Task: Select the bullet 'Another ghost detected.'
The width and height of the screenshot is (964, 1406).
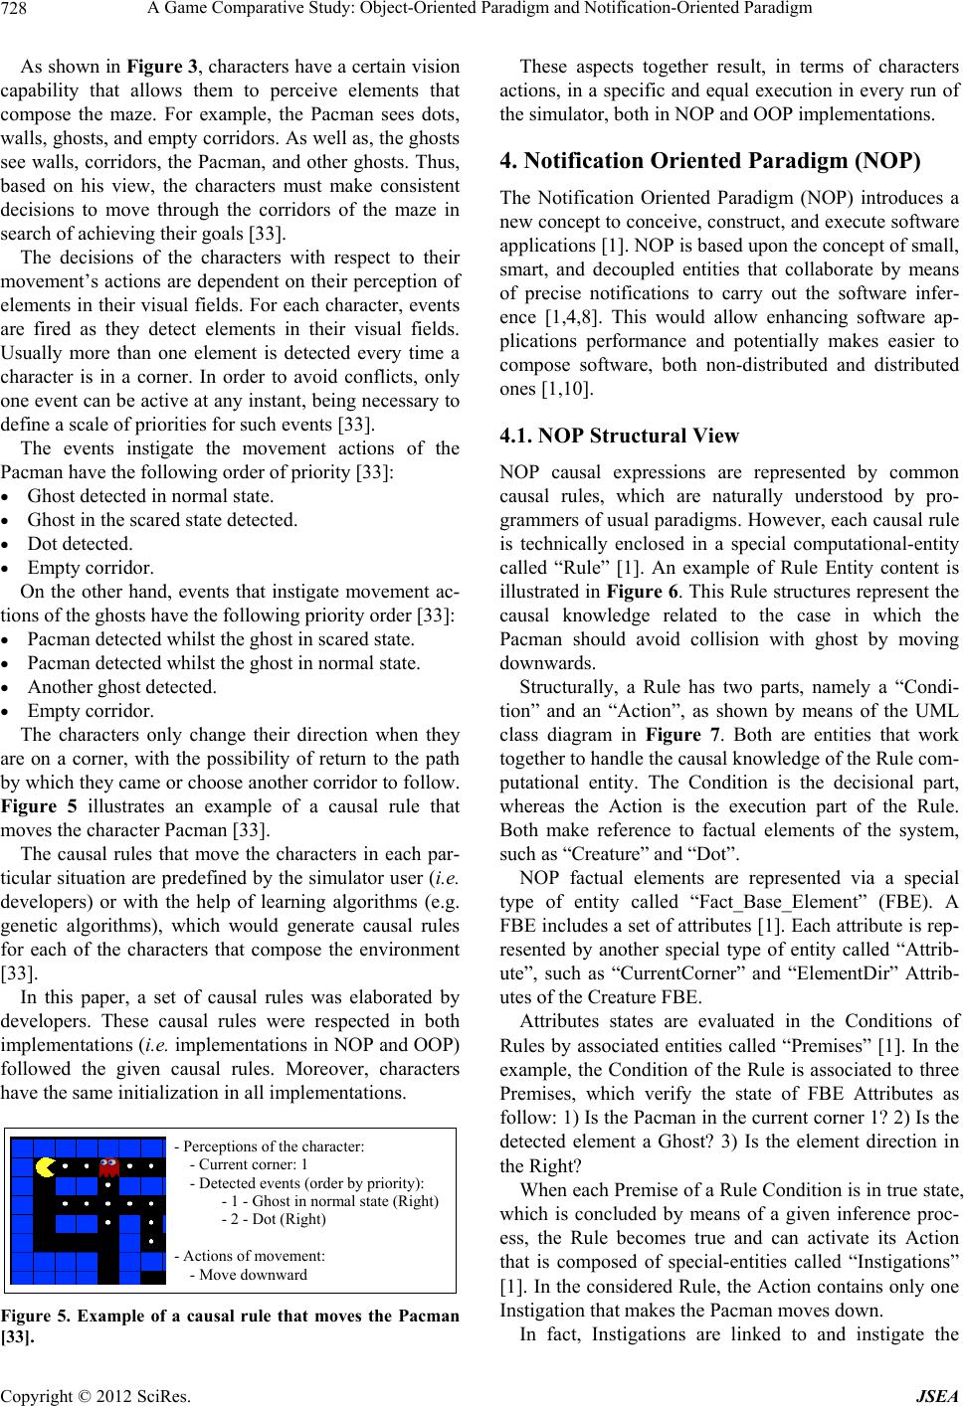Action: tap(121, 686)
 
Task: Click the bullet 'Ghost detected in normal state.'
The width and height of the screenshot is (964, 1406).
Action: tap(150, 495)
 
